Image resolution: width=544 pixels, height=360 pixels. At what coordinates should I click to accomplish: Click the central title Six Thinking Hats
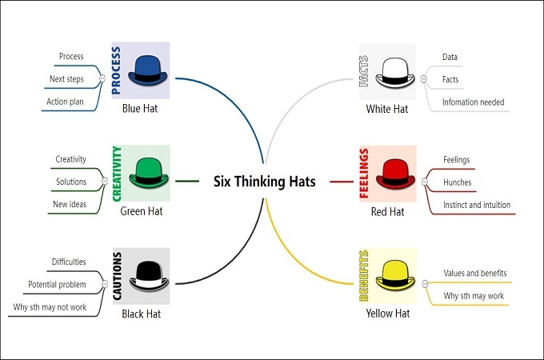point(264,182)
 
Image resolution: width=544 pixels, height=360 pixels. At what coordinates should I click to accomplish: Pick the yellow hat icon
point(392,274)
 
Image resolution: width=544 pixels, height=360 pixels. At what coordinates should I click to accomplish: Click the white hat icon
point(392,70)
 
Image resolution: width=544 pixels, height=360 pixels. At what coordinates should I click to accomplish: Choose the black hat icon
point(144,274)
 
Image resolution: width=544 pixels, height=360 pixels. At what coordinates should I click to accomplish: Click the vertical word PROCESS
point(117,70)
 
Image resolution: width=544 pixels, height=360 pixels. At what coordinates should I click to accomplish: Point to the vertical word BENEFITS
point(365,275)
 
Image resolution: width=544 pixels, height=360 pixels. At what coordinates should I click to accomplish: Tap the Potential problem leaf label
point(57,284)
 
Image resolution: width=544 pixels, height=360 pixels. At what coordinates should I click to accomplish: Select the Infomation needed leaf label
point(474,102)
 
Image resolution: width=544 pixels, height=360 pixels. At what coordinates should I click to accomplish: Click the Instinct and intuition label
point(476,204)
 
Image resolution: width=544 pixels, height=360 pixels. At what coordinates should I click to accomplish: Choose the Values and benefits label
point(475,273)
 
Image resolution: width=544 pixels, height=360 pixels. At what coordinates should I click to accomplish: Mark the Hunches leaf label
point(457,182)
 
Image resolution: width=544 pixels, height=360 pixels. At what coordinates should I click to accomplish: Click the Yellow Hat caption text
point(387,314)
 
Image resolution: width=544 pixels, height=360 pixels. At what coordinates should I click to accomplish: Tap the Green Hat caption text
point(141,211)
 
